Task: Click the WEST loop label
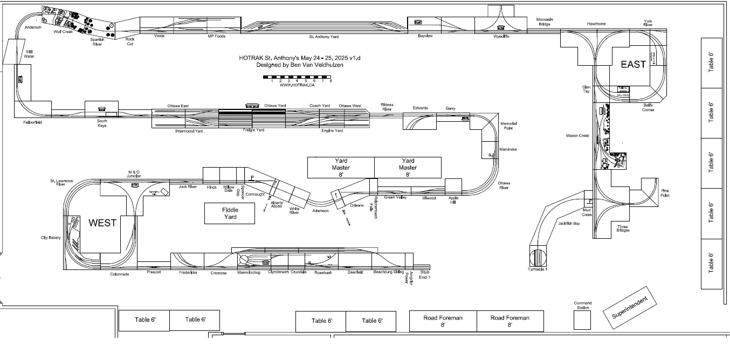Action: point(102,223)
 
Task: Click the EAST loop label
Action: point(633,65)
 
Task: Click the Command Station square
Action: point(582,320)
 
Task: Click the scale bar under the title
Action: point(297,77)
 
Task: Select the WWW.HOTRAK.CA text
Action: point(297,85)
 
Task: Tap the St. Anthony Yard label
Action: point(323,37)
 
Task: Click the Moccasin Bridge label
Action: point(544,22)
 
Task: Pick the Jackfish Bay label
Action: point(568,223)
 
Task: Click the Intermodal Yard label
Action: point(189,131)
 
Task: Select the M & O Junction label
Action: point(134,174)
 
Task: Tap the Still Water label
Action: point(29,54)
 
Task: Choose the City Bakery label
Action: point(51,237)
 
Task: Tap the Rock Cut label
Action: point(129,42)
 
